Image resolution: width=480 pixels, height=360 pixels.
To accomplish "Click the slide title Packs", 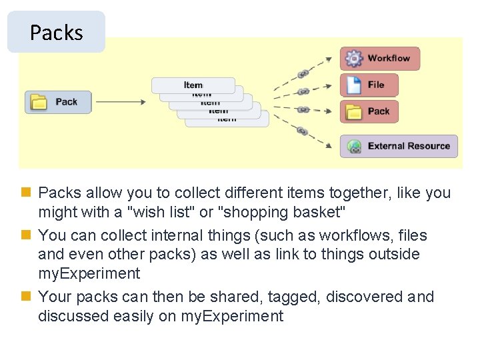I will (56, 32).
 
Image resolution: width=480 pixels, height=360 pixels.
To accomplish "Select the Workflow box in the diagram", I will (380, 59).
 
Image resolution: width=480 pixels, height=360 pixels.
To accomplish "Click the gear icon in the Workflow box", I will (353, 59).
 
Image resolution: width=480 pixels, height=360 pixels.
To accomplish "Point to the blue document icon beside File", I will (353, 85).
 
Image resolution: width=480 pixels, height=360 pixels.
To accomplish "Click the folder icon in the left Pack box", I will (41, 102).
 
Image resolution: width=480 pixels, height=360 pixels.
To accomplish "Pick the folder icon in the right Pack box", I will (353, 111).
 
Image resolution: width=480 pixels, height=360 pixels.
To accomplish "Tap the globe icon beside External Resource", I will (354, 146).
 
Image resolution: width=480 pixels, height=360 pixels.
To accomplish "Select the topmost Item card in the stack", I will (193, 85).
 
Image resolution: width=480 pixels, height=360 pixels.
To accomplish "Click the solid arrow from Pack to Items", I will (120, 102).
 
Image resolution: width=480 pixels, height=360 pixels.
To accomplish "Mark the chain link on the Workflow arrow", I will (302, 73).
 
